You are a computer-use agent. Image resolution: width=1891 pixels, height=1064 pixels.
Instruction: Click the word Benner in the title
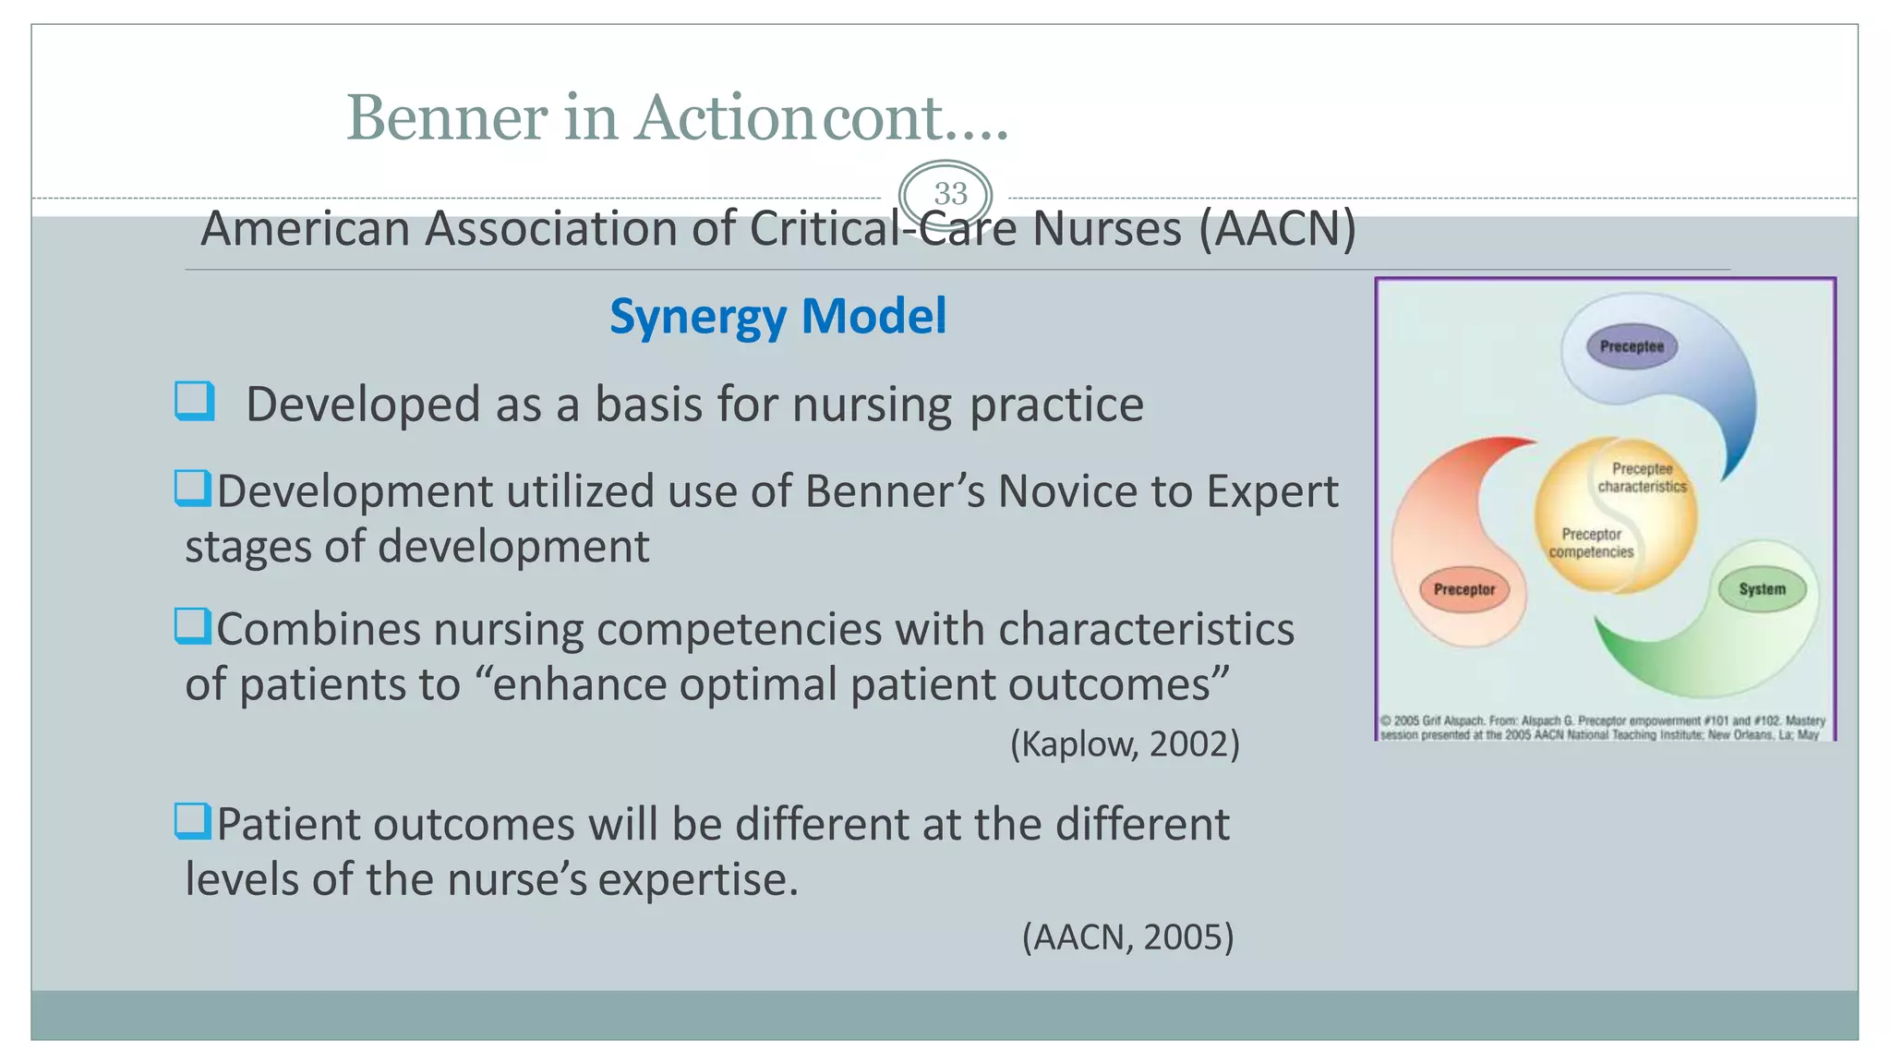pos(447,118)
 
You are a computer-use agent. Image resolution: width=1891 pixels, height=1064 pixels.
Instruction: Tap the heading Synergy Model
pos(777,316)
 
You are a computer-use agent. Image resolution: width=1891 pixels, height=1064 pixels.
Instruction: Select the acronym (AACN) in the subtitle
pos(1277,229)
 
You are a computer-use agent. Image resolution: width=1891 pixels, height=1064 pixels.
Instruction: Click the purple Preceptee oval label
pos(1632,346)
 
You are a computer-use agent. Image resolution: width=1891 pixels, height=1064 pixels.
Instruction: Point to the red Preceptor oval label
pos(1463,589)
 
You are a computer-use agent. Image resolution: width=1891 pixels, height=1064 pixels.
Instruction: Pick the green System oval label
pos(1762,589)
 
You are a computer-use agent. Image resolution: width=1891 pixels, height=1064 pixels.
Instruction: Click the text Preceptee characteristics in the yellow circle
pos(1642,478)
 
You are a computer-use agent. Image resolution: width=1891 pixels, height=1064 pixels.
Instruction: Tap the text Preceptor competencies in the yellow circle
pos(1591,543)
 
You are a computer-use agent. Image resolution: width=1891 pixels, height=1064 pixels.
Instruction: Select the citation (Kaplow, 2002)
pos(1124,744)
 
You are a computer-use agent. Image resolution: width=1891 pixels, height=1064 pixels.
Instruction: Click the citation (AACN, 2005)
pos(1127,937)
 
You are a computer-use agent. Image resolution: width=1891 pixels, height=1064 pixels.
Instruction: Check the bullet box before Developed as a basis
pos(195,402)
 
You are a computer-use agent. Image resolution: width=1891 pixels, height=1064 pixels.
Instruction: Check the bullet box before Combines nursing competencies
pos(193,626)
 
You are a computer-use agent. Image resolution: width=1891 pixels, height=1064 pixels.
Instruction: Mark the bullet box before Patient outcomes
pos(193,821)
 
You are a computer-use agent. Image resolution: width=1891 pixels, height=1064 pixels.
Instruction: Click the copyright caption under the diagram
pos(1602,728)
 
